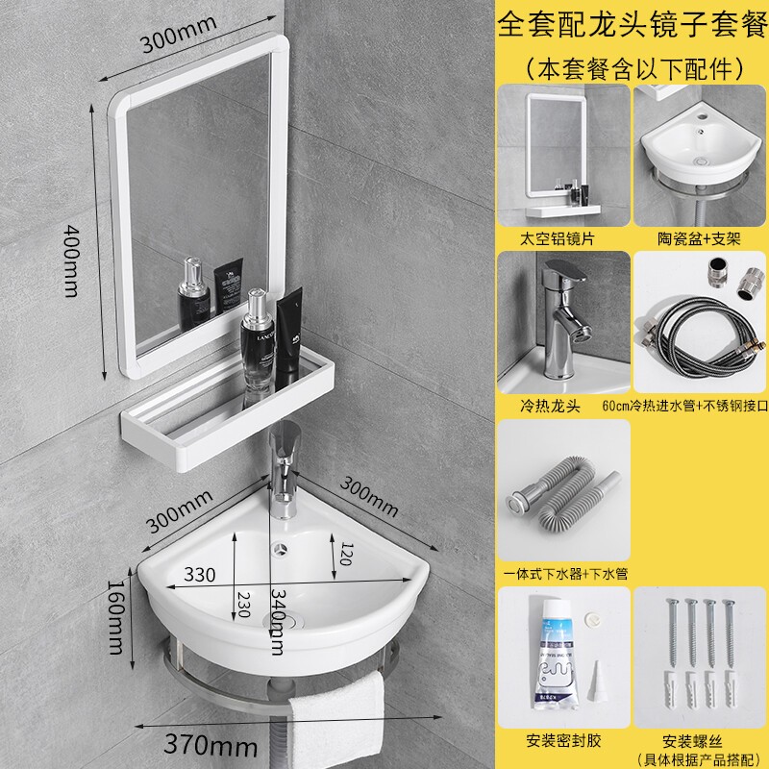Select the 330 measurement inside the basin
[201, 575]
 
